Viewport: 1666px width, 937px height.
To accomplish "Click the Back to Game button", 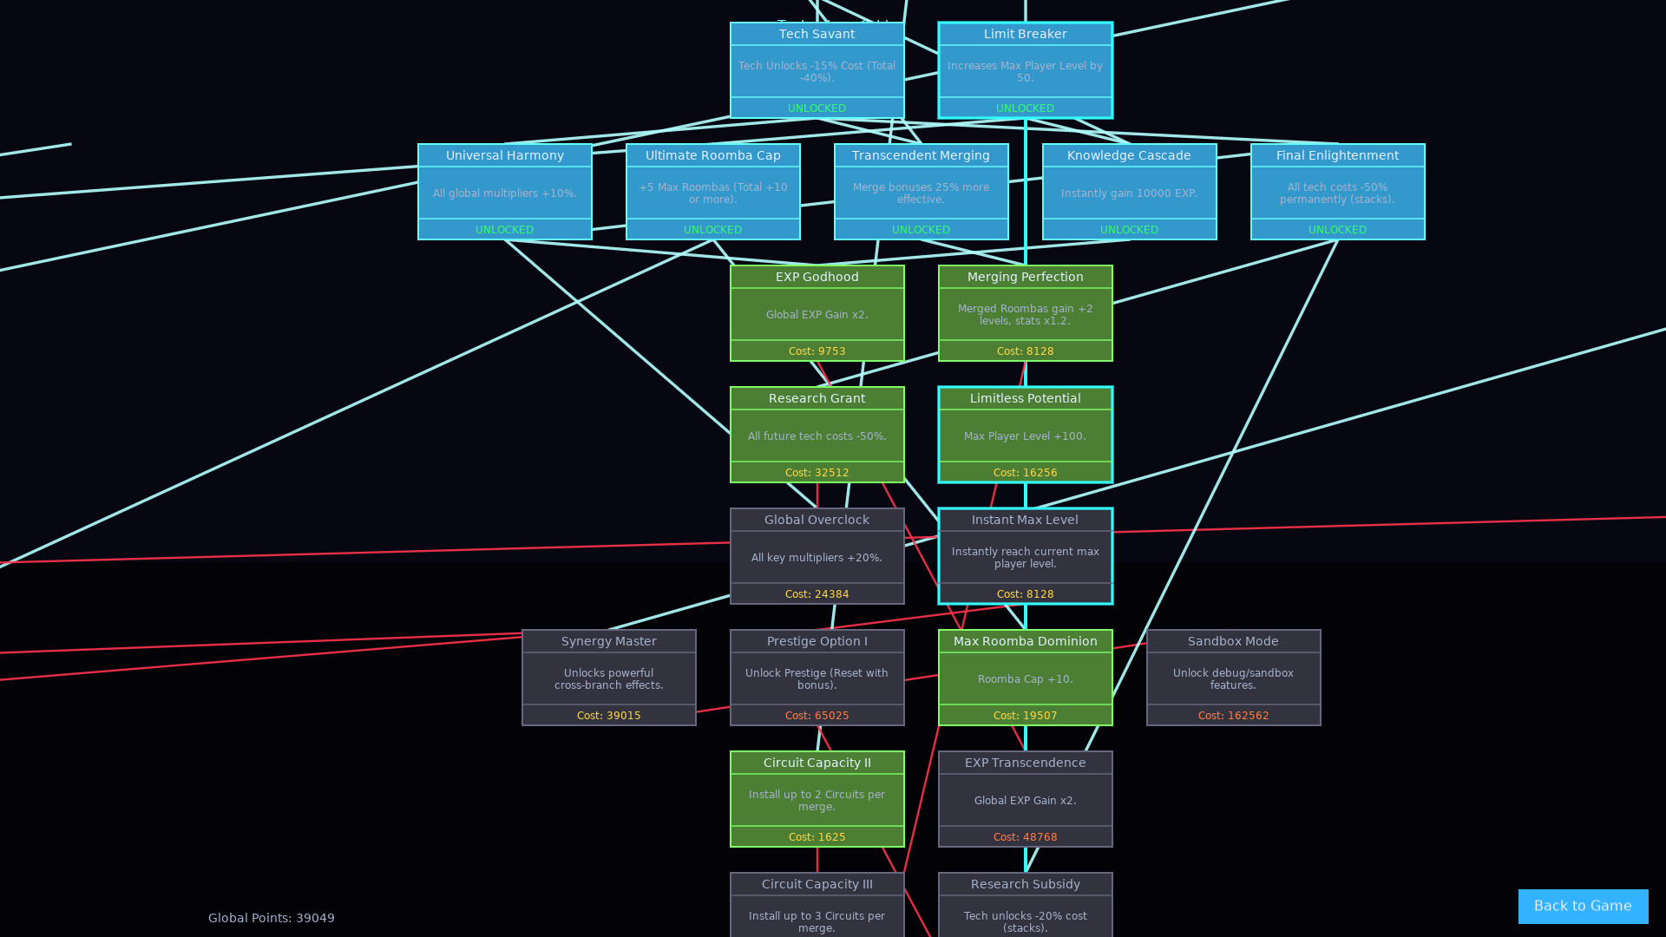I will click(1583, 906).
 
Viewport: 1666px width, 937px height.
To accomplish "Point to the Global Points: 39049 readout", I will click(272, 918).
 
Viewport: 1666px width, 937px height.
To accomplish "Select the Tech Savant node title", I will click(817, 34).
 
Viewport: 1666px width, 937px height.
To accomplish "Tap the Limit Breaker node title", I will click(1025, 34).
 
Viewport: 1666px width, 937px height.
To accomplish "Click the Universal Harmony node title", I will click(504, 155).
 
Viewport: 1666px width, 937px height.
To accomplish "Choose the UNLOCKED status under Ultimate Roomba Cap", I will click(712, 230).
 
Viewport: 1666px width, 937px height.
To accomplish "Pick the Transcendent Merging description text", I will click(921, 193).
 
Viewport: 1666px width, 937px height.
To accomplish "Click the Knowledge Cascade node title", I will click(1129, 155).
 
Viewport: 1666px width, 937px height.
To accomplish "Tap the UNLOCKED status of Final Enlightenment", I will click(1337, 230).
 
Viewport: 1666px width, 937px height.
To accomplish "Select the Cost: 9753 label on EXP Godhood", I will click(817, 351).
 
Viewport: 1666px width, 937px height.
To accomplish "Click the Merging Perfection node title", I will click(1025, 277).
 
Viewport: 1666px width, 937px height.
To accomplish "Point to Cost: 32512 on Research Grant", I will click(817, 473).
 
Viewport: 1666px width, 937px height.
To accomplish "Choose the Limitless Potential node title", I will click(1025, 398).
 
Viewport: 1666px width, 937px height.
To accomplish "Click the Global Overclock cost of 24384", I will click(817, 594).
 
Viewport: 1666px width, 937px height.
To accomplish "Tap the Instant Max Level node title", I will click(1025, 520).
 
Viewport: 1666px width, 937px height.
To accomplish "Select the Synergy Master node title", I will click(608, 641).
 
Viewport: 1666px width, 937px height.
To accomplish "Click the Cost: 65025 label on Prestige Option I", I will click(817, 716).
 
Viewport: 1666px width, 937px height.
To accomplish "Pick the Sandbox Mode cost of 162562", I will click(1233, 716).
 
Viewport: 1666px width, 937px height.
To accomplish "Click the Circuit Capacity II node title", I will click(817, 763).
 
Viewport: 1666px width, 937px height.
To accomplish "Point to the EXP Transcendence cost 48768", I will click(1025, 837).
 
